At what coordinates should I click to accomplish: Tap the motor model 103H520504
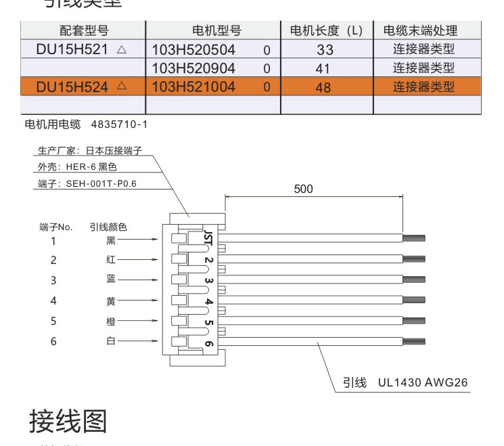[193, 49]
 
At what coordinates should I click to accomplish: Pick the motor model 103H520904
[193, 68]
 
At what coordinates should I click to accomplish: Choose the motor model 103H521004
[193, 87]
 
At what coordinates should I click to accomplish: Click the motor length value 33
[325, 50]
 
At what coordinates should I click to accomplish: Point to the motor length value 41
[325, 68]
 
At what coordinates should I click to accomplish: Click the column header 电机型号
[216, 30]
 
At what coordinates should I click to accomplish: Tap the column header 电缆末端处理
[420, 30]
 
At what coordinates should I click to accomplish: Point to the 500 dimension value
[304, 189]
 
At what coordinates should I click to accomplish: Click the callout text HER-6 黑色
[91, 166]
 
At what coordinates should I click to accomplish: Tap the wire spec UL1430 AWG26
[423, 383]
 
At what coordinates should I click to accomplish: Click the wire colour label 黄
[111, 300]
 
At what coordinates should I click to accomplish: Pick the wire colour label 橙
[111, 321]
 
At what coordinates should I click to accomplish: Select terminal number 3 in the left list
[53, 280]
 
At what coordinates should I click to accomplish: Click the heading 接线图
[68, 421]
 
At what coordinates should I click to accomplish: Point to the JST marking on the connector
[208, 237]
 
